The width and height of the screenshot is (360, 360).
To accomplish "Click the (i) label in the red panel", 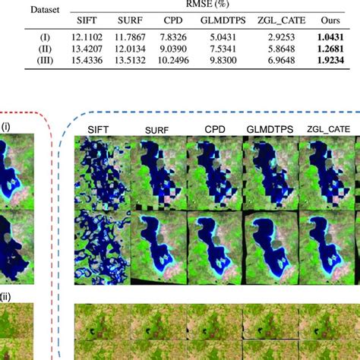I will (7, 127).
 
